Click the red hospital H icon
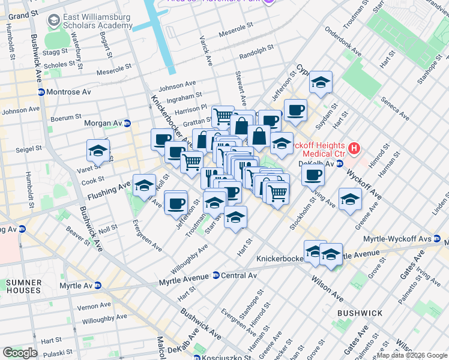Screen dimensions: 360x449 [354, 148]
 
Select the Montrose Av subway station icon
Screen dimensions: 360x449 [41, 92]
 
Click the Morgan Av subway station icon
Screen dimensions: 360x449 [127, 124]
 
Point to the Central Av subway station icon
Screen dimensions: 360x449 [215, 275]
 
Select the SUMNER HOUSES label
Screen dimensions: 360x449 [24, 286]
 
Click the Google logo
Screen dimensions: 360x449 [20, 352]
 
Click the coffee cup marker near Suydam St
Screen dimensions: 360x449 [295, 110]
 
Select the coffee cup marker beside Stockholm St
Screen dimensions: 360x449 [312, 175]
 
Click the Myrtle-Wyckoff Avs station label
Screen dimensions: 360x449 [393, 239]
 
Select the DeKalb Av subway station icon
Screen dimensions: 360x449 [340, 163]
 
